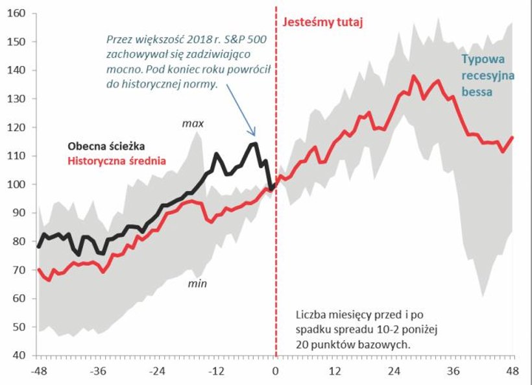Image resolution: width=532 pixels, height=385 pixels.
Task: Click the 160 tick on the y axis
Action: (x=18, y=13)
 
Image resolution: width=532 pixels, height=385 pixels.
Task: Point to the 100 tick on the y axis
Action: (x=18, y=184)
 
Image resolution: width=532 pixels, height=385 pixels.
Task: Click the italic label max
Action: (x=193, y=122)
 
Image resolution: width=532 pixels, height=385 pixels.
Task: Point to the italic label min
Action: (x=197, y=284)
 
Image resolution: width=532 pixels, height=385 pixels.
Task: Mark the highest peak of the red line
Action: (x=413, y=76)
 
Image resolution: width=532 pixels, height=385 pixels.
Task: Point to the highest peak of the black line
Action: (x=253, y=143)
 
